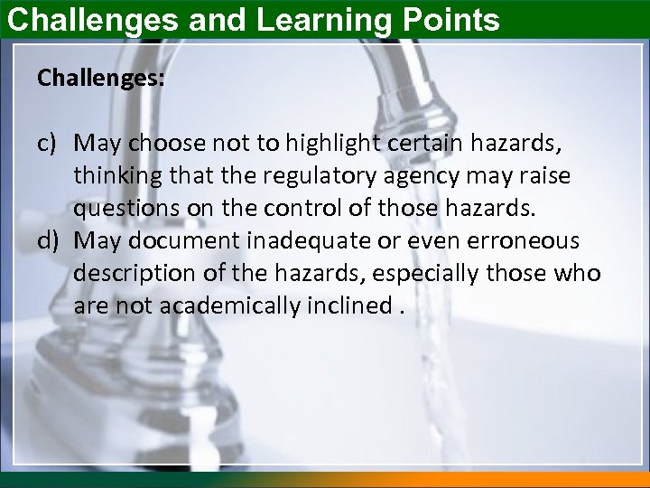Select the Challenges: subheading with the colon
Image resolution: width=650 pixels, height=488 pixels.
[101, 79]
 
